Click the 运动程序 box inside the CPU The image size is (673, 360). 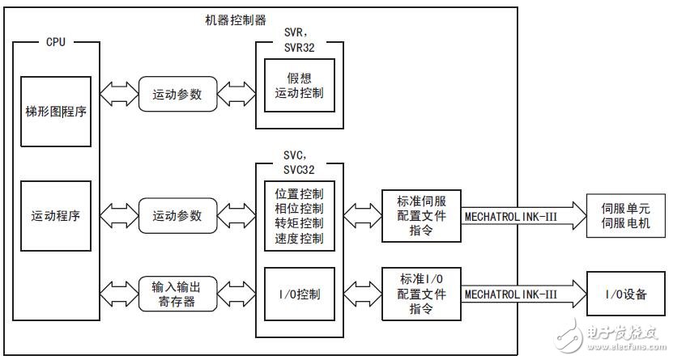(54, 217)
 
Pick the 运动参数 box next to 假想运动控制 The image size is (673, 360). (180, 93)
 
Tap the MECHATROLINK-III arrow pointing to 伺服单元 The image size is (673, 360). (518, 217)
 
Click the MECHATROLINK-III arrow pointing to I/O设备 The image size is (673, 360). (518, 293)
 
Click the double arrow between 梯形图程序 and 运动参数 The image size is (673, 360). (119, 93)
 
